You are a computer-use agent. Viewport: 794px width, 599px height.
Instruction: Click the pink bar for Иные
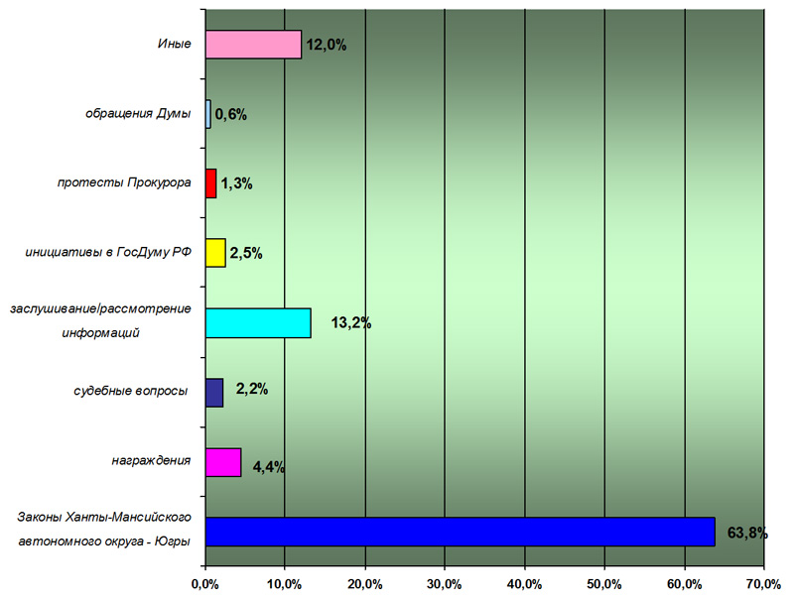click(x=253, y=45)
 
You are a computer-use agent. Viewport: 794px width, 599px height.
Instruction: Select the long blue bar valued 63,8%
click(x=460, y=532)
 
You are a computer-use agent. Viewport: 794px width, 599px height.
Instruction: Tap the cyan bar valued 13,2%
click(x=258, y=323)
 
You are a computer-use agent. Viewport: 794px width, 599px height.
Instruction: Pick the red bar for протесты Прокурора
click(x=210, y=183)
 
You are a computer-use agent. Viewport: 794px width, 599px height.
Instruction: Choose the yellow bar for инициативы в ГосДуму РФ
click(x=215, y=253)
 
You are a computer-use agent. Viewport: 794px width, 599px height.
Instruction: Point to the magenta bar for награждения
click(x=223, y=463)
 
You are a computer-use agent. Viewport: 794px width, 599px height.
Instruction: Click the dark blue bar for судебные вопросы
click(x=214, y=393)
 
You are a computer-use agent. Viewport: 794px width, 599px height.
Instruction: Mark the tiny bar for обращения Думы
click(x=207, y=114)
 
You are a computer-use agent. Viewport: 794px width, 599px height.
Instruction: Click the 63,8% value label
click(x=748, y=533)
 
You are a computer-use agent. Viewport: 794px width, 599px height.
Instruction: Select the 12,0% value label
click(x=327, y=45)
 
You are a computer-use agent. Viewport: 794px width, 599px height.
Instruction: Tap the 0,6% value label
click(x=230, y=114)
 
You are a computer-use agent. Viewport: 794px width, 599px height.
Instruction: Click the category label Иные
click(x=174, y=45)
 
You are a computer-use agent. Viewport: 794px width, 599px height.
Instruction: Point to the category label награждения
click(x=151, y=460)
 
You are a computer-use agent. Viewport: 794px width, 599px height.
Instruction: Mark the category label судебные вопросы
click(x=131, y=391)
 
